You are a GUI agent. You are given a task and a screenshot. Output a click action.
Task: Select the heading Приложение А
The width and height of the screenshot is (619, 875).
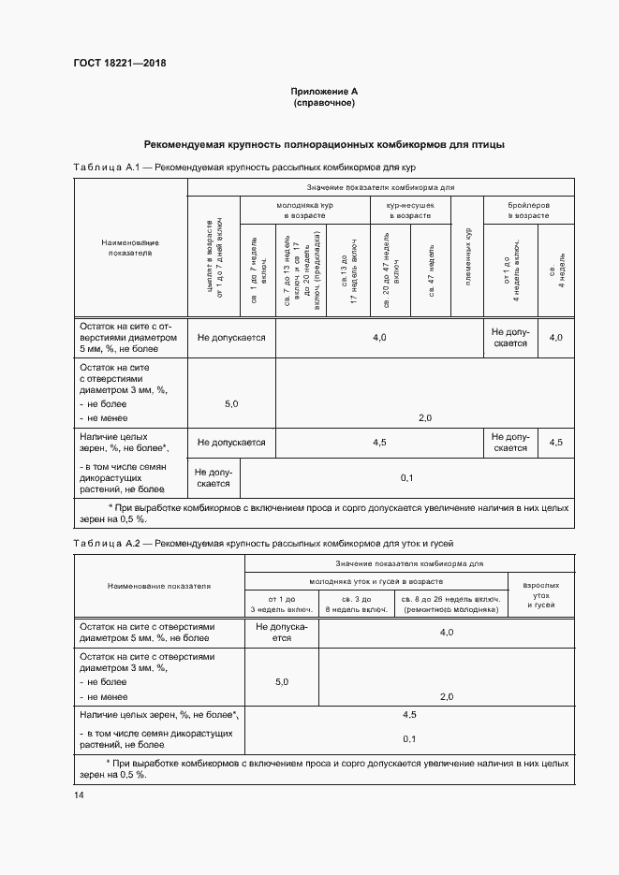(x=324, y=91)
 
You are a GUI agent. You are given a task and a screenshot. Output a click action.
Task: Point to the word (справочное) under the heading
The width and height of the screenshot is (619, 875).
(x=324, y=103)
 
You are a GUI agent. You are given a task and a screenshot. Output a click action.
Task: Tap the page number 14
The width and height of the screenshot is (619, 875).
(x=79, y=795)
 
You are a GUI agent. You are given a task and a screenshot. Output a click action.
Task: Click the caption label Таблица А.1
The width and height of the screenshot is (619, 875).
(x=106, y=168)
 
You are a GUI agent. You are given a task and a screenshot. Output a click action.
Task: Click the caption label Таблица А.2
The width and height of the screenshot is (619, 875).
(x=106, y=543)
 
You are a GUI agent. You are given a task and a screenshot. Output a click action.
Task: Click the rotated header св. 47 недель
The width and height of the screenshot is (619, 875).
(x=431, y=270)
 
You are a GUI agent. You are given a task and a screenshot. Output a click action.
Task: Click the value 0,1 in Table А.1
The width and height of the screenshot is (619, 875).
(x=406, y=478)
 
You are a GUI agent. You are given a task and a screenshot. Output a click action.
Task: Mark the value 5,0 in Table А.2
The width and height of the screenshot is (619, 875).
(x=281, y=683)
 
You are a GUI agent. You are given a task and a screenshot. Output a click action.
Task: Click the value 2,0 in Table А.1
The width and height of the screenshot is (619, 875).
(x=424, y=417)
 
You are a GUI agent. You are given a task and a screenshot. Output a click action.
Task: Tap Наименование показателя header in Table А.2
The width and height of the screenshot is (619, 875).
(x=159, y=585)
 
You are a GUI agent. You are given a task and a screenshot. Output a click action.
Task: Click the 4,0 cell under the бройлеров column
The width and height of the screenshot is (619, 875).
(x=556, y=336)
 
